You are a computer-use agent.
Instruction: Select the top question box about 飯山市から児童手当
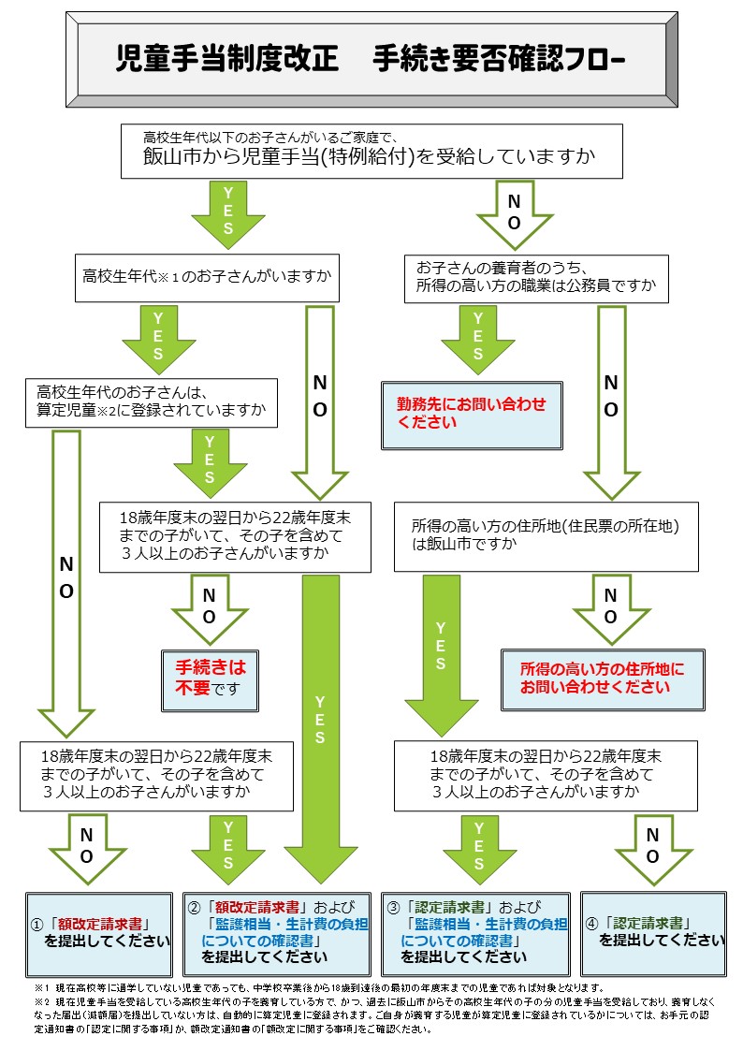(371, 150)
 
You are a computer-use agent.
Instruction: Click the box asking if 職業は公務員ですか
(536, 276)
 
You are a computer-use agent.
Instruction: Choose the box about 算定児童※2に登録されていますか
(152, 401)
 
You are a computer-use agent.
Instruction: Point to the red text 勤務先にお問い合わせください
(471, 414)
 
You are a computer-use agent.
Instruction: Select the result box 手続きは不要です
(210, 679)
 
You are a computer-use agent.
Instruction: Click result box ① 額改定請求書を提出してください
(99, 933)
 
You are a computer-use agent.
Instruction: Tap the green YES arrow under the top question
(228, 214)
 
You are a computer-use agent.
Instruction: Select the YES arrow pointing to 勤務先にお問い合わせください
(478, 339)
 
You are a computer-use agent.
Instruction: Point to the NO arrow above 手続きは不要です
(209, 607)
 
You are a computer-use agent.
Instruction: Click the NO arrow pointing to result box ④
(653, 847)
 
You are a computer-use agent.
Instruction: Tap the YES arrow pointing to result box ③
(479, 847)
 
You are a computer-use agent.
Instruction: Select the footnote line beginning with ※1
(318, 988)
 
